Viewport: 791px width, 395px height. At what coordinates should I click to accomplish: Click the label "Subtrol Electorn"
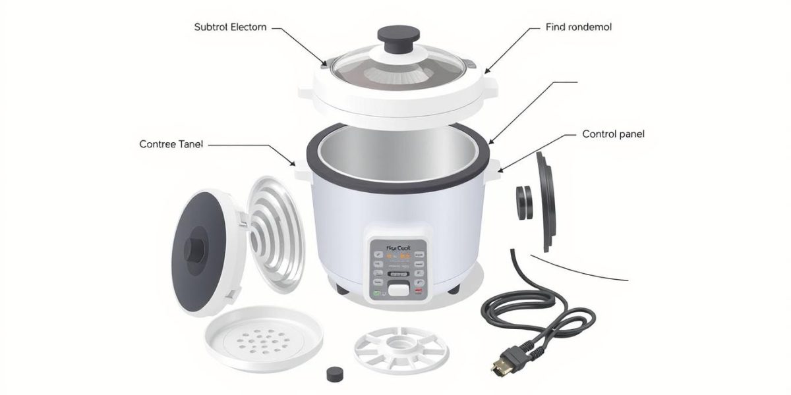tap(231, 28)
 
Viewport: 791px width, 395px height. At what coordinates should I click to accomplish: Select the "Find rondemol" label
tap(579, 28)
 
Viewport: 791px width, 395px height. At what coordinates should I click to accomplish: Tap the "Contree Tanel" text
tap(171, 144)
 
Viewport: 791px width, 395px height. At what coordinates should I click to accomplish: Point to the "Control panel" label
tap(613, 134)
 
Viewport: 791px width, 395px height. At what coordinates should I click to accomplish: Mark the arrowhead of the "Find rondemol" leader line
tap(486, 70)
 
